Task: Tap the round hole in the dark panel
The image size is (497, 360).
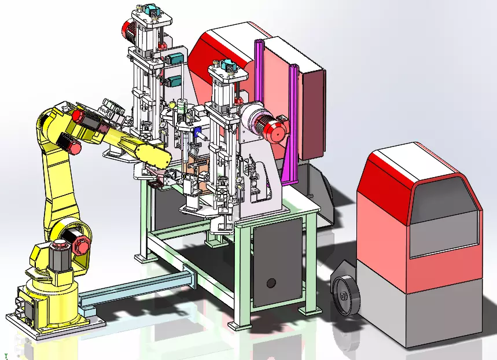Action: (x=270, y=284)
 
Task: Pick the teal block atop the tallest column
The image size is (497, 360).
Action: (x=153, y=11)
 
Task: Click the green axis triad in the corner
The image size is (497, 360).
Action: (x=6, y=355)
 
